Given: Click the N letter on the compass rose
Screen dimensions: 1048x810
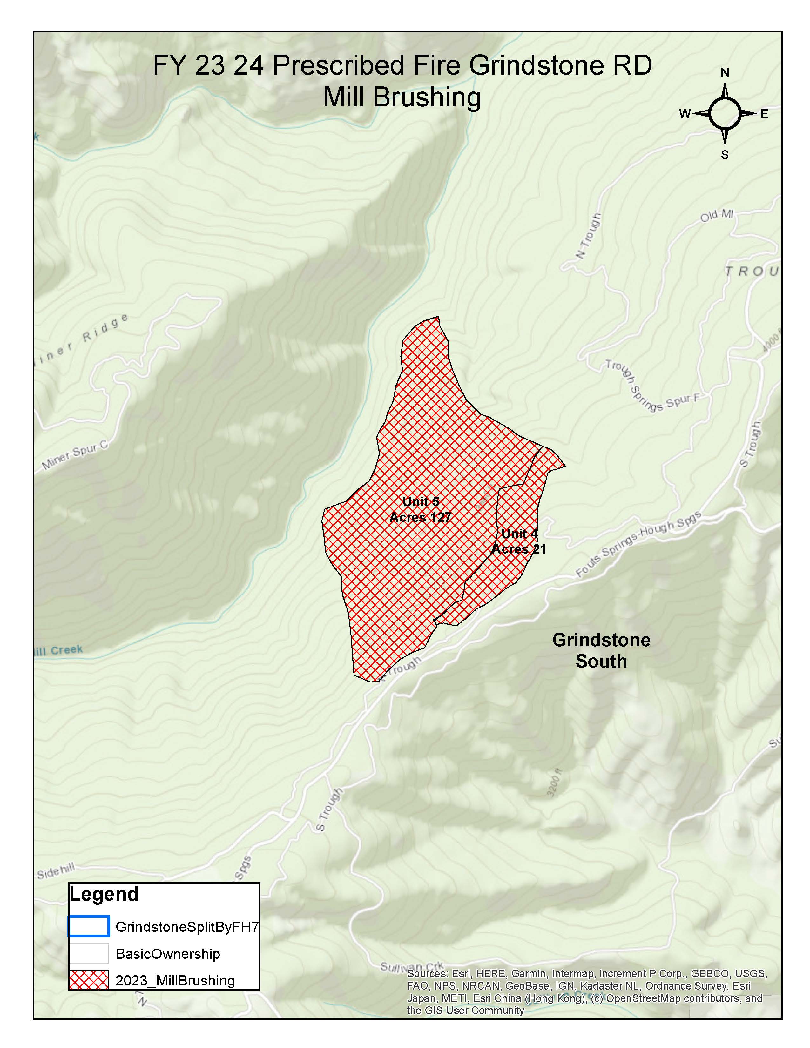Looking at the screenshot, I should tap(725, 72).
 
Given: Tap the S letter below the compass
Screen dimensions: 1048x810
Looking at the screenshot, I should tap(725, 155).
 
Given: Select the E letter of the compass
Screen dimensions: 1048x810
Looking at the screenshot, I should tap(764, 114).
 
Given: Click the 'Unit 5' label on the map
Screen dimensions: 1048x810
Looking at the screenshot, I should tap(421, 502).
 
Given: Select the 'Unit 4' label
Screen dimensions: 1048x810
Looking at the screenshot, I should tap(520, 534).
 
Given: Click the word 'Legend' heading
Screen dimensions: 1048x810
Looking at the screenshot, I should tap(104, 894).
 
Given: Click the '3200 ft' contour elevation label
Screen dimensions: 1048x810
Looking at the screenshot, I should tap(554, 783).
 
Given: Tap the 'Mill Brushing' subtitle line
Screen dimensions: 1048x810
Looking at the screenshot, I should tap(402, 97).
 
